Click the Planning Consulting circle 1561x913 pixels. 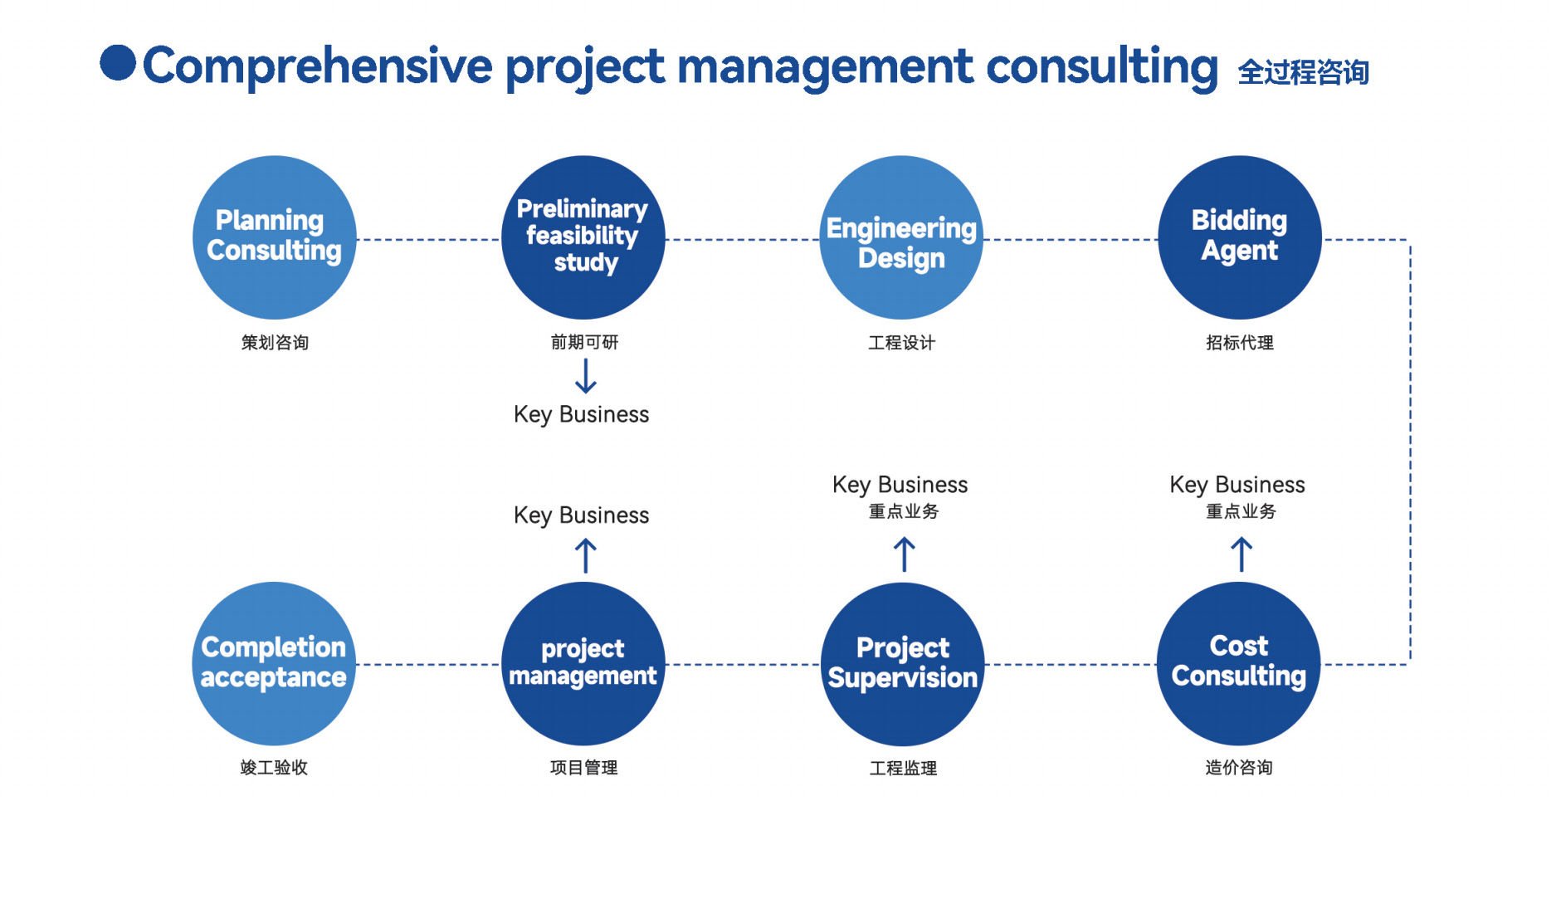[275, 237]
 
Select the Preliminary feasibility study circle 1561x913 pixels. [583, 237]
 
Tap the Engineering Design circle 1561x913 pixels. [901, 237]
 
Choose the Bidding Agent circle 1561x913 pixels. [1240, 237]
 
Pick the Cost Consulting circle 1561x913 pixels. [1239, 664]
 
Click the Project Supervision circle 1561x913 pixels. [903, 664]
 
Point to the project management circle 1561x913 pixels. [583, 664]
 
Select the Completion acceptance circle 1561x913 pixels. [274, 664]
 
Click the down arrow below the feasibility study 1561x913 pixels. [586, 376]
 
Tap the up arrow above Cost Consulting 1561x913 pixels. [1241, 554]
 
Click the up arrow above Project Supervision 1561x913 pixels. [905, 554]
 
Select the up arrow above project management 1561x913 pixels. [586, 555]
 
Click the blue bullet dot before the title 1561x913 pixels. [118, 63]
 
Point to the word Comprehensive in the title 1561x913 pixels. [318, 66]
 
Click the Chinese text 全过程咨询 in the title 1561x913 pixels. [1303, 72]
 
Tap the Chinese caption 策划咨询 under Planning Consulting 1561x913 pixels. [275, 343]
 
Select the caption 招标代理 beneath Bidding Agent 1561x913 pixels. [1240, 343]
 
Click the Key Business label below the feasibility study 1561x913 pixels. [582, 415]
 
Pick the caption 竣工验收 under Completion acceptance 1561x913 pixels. [274, 768]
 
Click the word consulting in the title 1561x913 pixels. [1102, 66]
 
